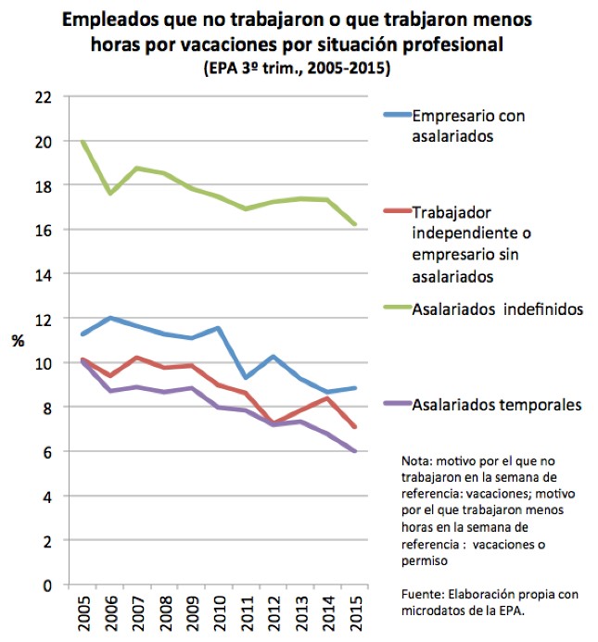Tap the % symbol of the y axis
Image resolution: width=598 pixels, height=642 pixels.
pos(18,341)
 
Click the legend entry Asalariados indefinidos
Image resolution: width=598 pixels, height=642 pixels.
pos(497,309)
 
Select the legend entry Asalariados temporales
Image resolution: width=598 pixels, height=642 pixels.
pos(496,404)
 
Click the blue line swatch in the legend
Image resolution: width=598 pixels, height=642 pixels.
pos(396,117)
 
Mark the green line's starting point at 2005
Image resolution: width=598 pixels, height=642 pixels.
pos(83,141)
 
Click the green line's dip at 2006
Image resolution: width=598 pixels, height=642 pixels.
pos(110,193)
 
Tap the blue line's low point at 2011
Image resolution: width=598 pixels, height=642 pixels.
pos(246,377)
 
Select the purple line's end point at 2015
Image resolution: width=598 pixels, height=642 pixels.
pos(355,451)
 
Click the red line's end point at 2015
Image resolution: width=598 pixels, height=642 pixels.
pos(355,427)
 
